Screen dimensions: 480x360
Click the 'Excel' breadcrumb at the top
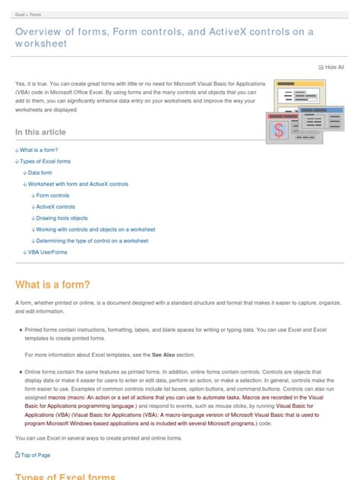pos(21,14)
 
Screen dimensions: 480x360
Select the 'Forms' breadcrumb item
pos(36,14)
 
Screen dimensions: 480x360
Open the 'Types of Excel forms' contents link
pos(45,162)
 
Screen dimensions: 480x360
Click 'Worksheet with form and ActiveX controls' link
pos(77,184)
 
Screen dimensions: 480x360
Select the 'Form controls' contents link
pos(52,195)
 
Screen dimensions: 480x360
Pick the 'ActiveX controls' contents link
pos(55,207)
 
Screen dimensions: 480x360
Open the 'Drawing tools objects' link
pos(62,218)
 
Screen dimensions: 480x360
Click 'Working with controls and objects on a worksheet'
pos(96,229)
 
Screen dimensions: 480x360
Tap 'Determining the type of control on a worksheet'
pos(92,240)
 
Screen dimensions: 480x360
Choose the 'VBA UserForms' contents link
pos(47,251)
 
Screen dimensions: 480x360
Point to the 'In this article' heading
pos(40,132)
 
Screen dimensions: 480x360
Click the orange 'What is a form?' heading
pos(52,285)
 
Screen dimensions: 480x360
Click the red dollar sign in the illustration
pos(279,129)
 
